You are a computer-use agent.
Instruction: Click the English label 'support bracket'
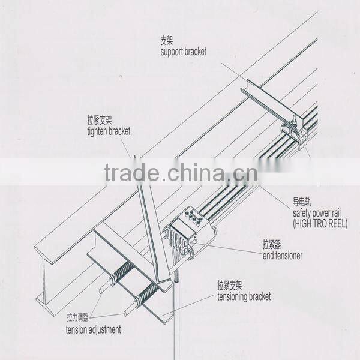click(x=183, y=52)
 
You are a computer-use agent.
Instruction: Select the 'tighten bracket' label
click(x=108, y=131)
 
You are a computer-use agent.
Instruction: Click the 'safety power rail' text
click(x=320, y=214)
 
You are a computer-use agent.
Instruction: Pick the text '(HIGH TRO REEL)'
click(x=320, y=223)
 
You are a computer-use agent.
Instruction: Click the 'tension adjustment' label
click(x=93, y=329)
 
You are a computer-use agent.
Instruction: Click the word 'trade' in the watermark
click(x=130, y=174)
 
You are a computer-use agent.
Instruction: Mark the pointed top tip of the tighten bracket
click(x=136, y=158)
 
